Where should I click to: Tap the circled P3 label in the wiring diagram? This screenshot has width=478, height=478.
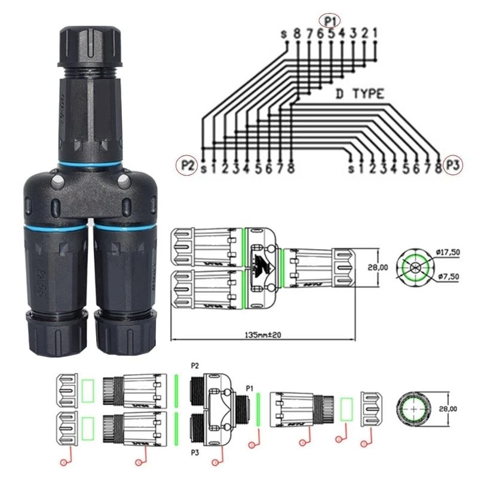pos(454,166)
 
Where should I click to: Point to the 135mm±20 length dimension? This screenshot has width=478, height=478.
pos(262,335)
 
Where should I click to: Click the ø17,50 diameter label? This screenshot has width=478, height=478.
pos(448,253)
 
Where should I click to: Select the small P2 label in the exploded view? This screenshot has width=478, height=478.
pos(194,366)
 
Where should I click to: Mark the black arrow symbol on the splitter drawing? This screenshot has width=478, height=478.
pos(263,263)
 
